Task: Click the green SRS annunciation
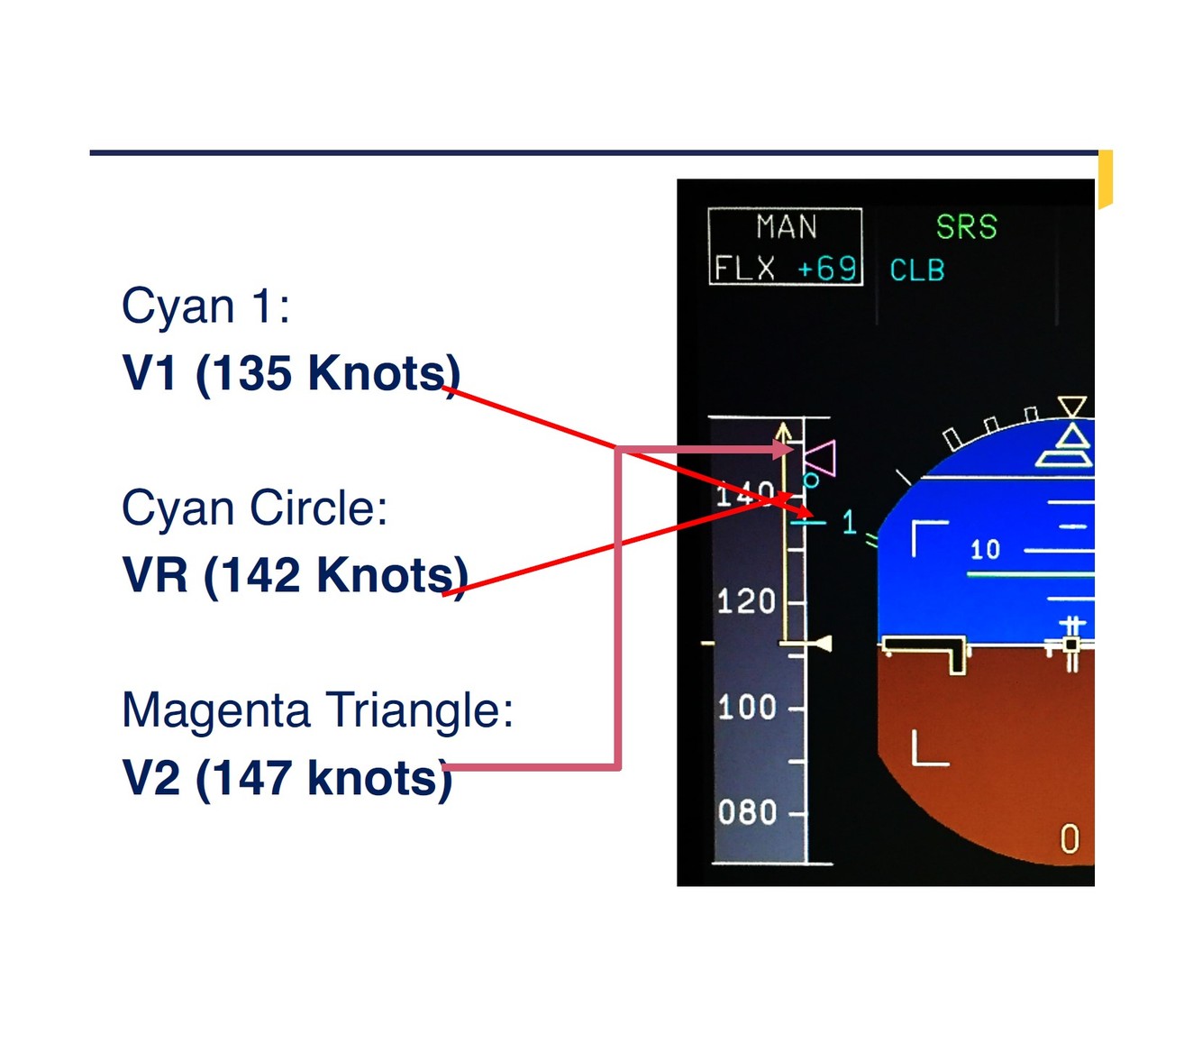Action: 966,227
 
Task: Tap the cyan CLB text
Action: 916,270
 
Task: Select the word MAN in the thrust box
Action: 786,227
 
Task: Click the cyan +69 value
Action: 826,269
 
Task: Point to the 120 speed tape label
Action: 746,601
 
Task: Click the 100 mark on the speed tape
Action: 746,707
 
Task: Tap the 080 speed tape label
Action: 747,812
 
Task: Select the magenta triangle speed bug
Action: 822,458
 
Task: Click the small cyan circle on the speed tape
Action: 810,480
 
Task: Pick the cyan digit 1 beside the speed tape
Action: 848,522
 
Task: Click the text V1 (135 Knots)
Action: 291,372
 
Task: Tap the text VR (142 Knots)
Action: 295,574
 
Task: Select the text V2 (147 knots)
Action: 287,777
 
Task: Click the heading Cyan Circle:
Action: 254,508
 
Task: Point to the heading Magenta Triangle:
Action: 317,709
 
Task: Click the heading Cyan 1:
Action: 205,306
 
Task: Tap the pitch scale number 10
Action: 985,549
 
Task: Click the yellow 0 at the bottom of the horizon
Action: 1069,839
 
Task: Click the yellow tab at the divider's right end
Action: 1105,179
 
